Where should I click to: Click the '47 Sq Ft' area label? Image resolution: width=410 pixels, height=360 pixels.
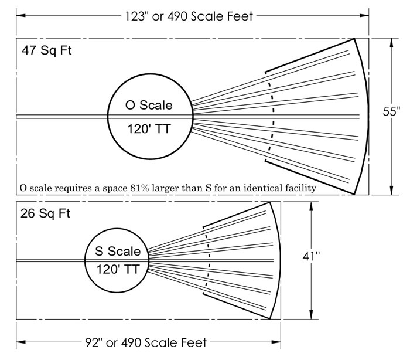coord(46,50)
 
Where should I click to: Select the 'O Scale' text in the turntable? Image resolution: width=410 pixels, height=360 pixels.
coord(149,106)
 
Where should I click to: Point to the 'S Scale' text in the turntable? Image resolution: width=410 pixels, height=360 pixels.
coord(118,252)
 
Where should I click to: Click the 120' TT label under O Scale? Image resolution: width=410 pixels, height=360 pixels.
coord(149,129)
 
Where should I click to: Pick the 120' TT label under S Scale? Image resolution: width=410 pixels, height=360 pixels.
coord(118,271)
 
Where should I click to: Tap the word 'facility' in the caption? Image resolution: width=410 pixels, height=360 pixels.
coord(300,188)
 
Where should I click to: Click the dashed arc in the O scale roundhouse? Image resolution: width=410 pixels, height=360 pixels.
coord(271,116)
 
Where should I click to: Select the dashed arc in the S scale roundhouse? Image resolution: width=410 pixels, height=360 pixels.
coord(209,259)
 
